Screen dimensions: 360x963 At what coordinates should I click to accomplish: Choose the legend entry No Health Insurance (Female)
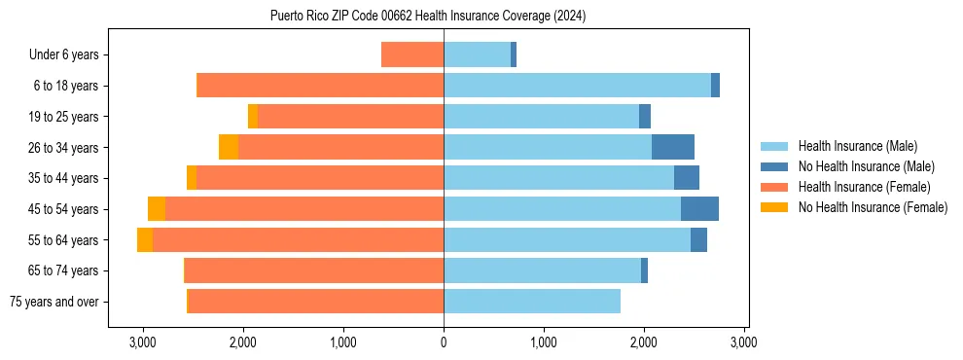tap(873, 206)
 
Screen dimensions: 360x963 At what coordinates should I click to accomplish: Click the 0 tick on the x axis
tap(444, 342)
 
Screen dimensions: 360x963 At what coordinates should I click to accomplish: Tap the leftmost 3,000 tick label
tap(143, 342)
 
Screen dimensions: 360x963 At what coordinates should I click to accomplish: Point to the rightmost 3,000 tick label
tap(743, 342)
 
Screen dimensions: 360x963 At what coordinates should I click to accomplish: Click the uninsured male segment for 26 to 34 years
tap(673, 147)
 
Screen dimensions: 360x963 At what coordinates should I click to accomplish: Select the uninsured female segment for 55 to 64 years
tap(145, 240)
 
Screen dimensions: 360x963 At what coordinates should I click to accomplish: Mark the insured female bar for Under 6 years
tap(412, 55)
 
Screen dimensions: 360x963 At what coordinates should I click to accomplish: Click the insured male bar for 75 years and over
tap(532, 302)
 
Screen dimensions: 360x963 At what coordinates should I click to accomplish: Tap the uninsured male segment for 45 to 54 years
tap(699, 209)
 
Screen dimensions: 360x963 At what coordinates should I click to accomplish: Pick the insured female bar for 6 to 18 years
tap(321, 86)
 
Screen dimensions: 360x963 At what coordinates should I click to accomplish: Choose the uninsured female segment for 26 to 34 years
tap(229, 147)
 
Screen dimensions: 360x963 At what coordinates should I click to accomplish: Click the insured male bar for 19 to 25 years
tap(541, 117)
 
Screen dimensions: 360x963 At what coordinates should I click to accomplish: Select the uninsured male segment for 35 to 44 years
tap(687, 178)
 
